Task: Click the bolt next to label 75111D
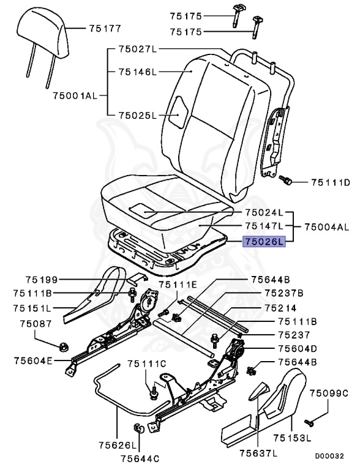click(x=286, y=181)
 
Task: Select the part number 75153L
click(x=293, y=438)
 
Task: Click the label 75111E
click(x=179, y=285)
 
